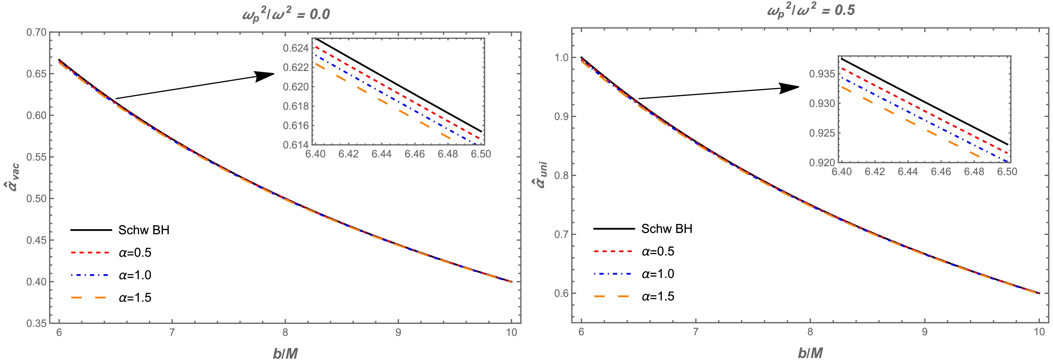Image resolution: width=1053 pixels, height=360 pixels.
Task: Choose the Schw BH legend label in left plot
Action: (x=144, y=230)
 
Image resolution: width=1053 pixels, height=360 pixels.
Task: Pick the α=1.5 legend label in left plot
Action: (x=135, y=297)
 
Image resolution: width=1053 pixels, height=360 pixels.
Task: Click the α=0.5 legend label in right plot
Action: (x=658, y=251)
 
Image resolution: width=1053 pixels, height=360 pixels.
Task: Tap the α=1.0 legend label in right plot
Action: (x=658, y=274)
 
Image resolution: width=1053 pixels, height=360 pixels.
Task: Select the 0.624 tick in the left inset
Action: (x=296, y=48)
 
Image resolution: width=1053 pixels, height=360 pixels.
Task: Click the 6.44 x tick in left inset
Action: (x=381, y=154)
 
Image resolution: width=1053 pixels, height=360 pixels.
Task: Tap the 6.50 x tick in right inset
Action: (x=1007, y=172)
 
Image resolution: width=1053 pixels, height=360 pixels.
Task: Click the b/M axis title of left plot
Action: (x=285, y=353)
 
